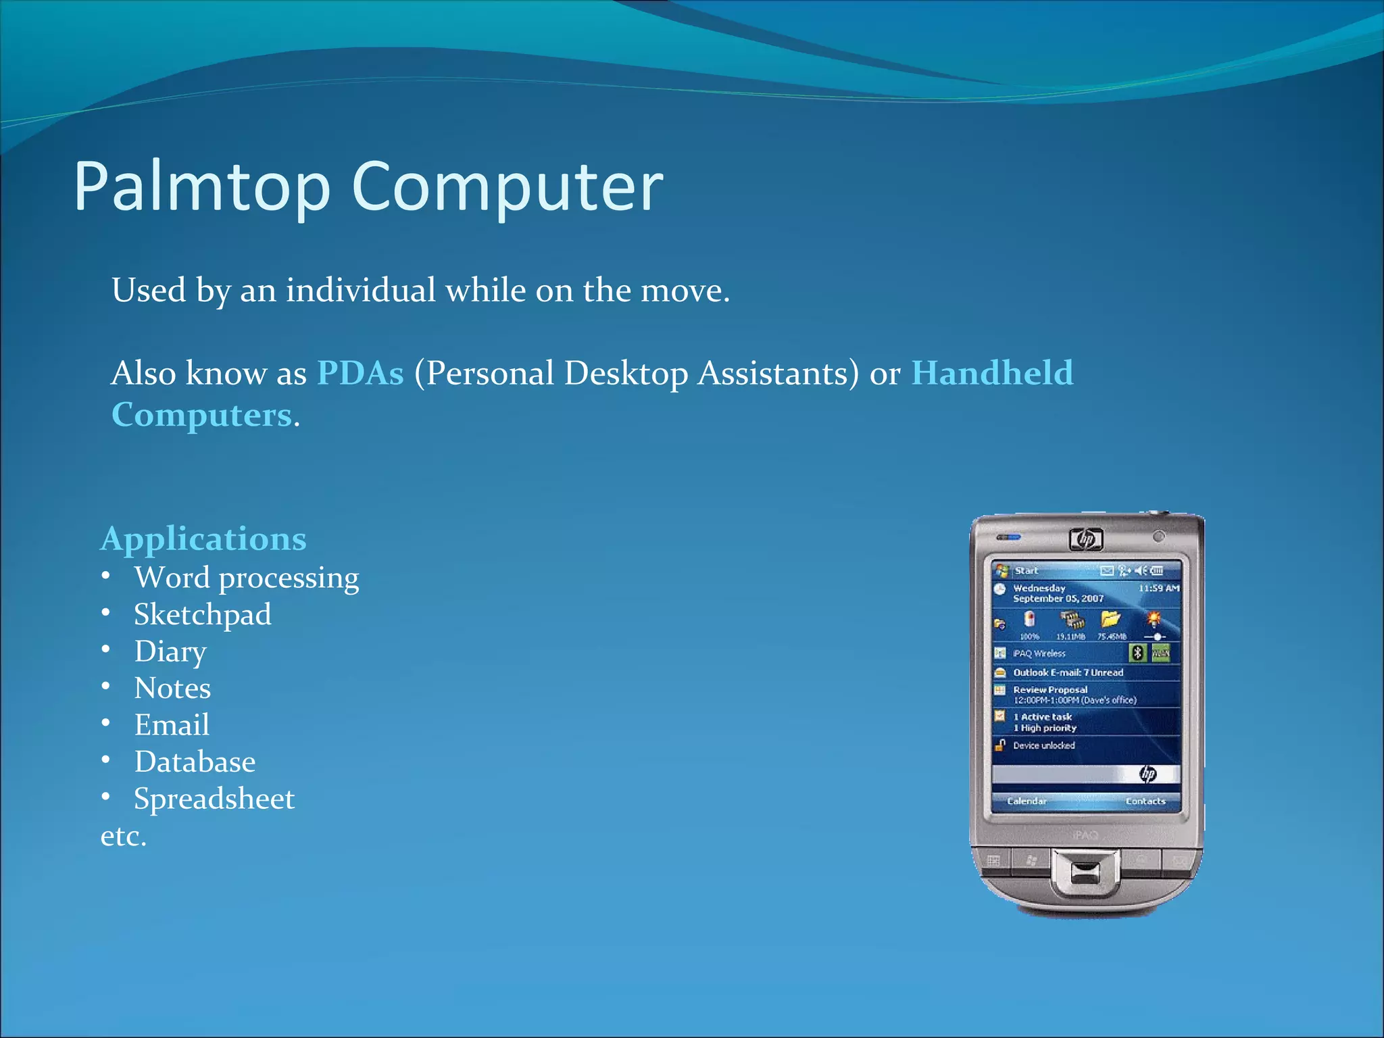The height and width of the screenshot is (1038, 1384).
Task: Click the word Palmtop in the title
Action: pyautogui.click(x=201, y=187)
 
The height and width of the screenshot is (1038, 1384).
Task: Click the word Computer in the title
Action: pyautogui.click(x=507, y=187)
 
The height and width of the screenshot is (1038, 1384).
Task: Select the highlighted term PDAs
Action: pyautogui.click(x=360, y=373)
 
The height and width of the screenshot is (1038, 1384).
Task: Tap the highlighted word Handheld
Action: pyautogui.click(x=992, y=373)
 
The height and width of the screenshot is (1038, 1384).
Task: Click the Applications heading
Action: pyautogui.click(x=203, y=539)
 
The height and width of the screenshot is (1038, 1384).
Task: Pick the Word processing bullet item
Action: pyautogui.click(x=246, y=578)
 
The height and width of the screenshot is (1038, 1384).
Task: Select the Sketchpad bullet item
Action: pyautogui.click(x=203, y=615)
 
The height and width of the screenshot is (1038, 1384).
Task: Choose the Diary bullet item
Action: pyautogui.click(x=170, y=651)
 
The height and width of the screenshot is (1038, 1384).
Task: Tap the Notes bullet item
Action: pyautogui.click(x=172, y=689)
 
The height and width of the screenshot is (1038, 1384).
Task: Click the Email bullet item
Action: pyautogui.click(x=172, y=725)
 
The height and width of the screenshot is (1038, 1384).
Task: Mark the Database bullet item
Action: pyautogui.click(x=195, y=762)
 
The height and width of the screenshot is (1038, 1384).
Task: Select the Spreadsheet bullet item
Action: pyautogui.click(x=214, y=799)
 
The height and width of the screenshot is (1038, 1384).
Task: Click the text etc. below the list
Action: pyautogui.click(x=123, y=837)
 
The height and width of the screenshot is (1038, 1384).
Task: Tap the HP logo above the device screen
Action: pyautogui.click(x=1086, y=539)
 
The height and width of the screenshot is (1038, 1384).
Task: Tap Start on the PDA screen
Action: pyautogui.click(x=1026, y=571)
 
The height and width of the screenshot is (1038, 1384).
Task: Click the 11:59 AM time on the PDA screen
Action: pyautogui.click(x=1158, y=589)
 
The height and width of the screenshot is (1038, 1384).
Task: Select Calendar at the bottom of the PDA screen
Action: pyautogui.click(x=1027, y=801)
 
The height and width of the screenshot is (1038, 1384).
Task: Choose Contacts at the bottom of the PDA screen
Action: pyautogui.click(x=1145, y=801)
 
